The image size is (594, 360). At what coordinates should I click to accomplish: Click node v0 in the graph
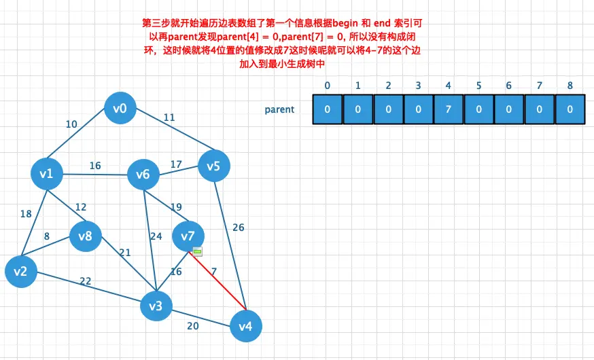120,108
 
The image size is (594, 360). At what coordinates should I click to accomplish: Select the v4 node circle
245,327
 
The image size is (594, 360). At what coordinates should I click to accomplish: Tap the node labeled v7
188,236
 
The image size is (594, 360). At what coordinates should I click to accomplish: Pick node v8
85,236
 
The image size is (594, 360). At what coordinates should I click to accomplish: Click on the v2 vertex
20,272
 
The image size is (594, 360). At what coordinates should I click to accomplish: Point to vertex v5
213,166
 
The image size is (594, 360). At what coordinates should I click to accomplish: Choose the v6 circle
143,175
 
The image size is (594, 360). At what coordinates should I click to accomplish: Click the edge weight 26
238,228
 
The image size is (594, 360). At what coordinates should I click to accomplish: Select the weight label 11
169,118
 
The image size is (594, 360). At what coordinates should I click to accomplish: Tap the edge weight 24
156,237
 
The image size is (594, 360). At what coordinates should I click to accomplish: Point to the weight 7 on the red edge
214,272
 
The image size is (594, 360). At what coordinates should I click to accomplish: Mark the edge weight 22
86,281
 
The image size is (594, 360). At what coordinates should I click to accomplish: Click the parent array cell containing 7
448,110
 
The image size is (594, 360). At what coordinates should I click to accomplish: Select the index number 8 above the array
570,86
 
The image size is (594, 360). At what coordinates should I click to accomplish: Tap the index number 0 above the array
328,86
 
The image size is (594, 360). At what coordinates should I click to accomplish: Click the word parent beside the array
279,109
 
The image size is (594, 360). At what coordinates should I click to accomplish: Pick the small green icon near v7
198,251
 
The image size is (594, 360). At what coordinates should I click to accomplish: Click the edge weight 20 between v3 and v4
193,326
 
